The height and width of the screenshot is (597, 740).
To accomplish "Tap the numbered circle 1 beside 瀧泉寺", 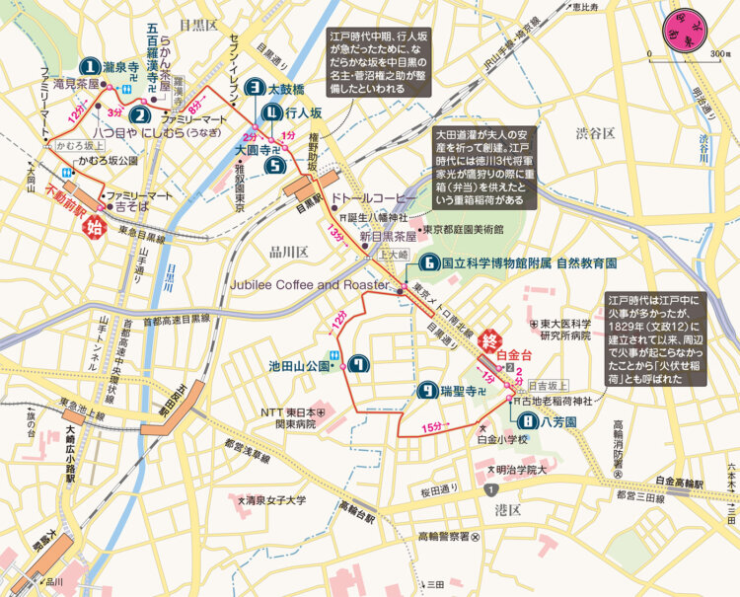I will coord(91,67).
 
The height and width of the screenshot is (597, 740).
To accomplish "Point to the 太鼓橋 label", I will coord(285,88).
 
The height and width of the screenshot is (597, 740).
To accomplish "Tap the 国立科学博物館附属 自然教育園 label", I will coord(529,263).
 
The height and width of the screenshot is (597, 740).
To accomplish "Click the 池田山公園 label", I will coord(298,365).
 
